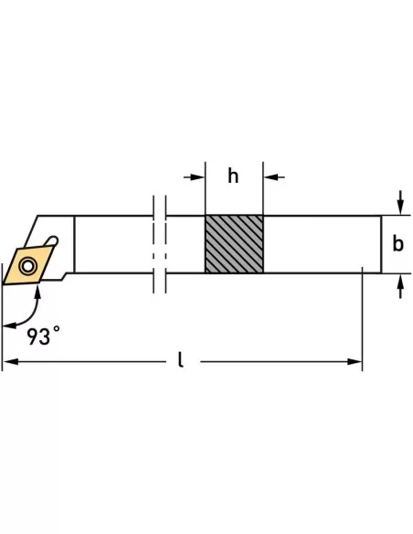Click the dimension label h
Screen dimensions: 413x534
(x=233, y=176)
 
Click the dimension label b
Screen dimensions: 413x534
(x=398, y=244)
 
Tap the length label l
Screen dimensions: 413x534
(x=181, y=359)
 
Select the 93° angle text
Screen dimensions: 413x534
(x=44, y=336)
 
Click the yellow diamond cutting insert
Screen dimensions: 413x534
(x=28, y=265)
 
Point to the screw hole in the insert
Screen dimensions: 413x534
(x=28, y=266)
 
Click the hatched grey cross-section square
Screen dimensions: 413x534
(x=234, y=244)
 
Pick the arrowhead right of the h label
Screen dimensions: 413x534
(x=270, y=177)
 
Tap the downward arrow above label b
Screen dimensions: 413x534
(x=401, y=208)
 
